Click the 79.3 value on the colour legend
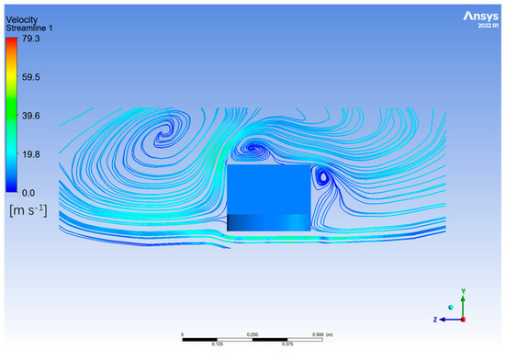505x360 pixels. coord(31,39)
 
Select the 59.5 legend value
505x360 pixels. coord(31,77)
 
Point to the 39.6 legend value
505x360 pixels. coord(31,116)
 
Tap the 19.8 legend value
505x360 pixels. coord(31,154)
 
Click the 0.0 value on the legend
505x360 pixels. coord(28,193)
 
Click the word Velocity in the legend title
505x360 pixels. coord(22,20)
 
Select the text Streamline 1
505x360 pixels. coord(29,28)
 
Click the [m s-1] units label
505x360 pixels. coord(28,210)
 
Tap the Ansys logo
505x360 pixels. coord(481,17)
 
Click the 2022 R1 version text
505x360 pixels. coord(488,26)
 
